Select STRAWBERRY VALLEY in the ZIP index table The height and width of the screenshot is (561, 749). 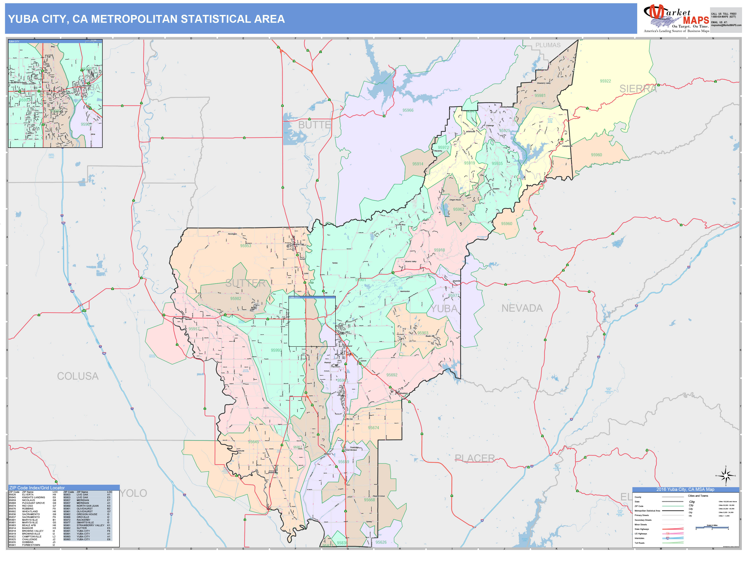[x=90, y=525]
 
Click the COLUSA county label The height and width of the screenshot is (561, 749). [x=78, y=376]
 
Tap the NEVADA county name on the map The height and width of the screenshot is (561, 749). [x=522, y=308]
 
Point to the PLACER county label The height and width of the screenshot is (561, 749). [x=474, y=458]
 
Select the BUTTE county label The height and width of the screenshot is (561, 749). [x=314, y=125]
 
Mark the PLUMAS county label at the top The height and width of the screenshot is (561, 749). [x=547, y=45]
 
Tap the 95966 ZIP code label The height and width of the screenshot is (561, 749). [x=408, y=110]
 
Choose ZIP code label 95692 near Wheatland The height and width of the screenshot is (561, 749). [x=392, y=375]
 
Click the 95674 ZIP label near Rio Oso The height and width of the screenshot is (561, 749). [x=373, y=428]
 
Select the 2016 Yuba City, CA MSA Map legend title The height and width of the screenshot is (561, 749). [x=685, y=489]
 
